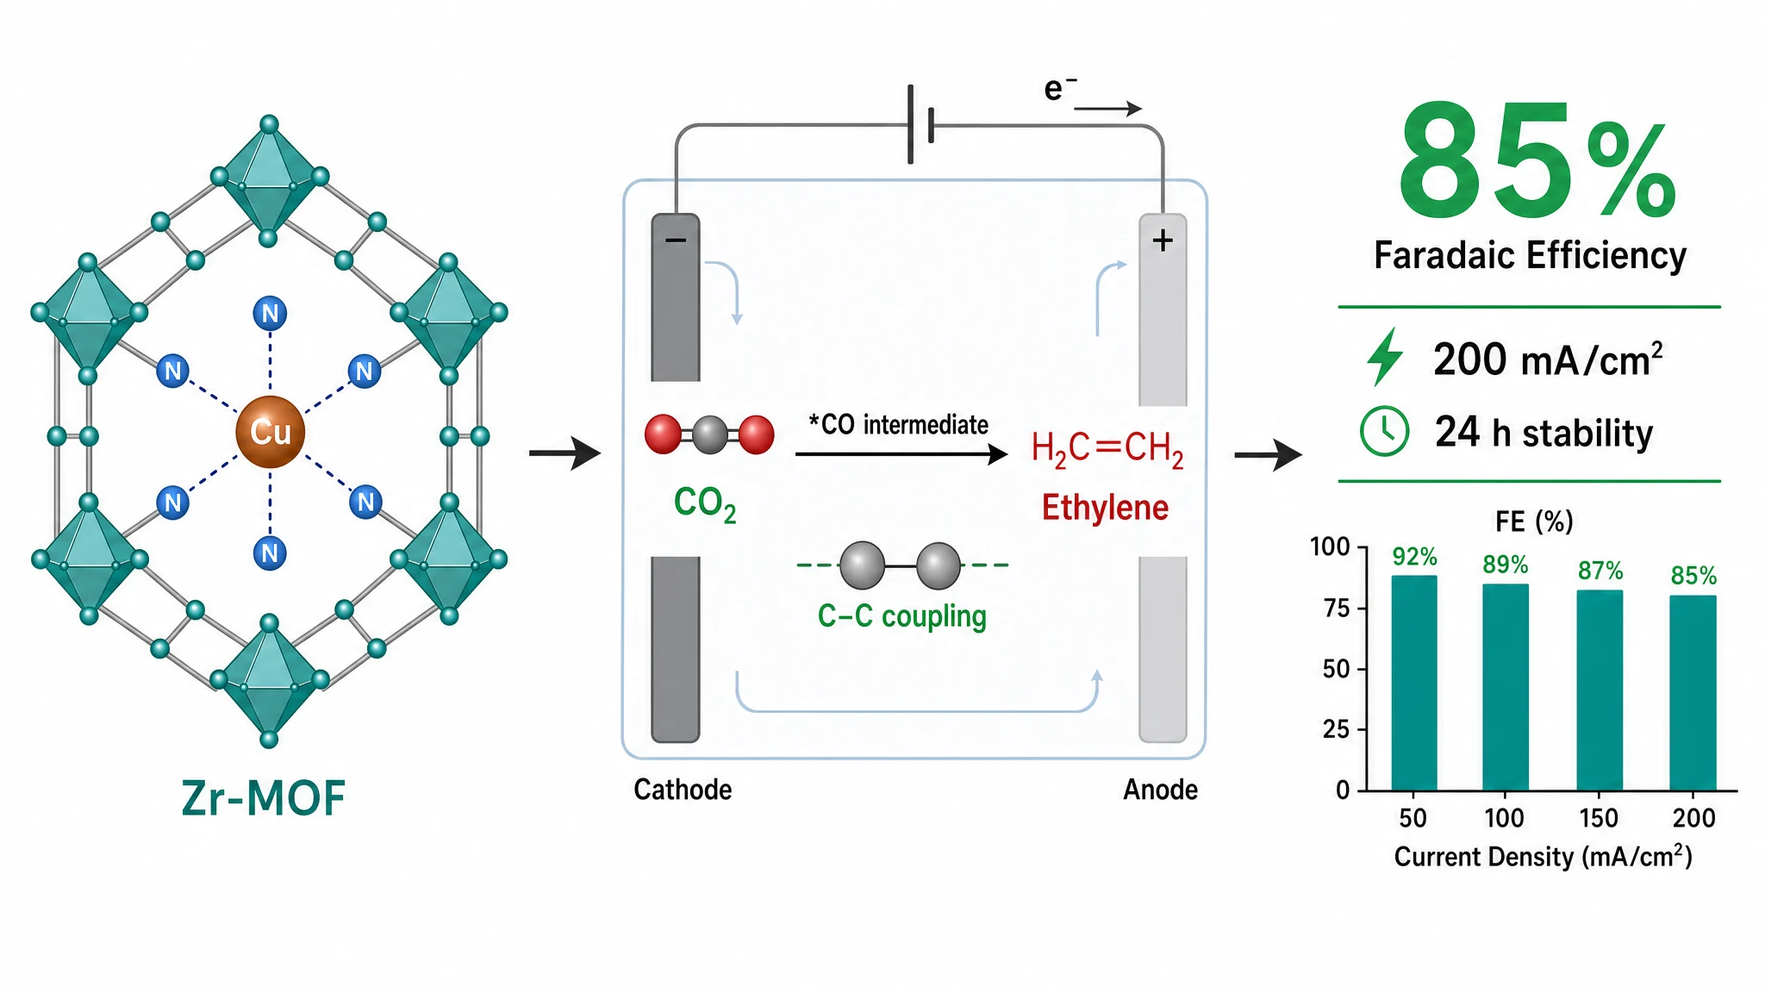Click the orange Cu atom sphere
[270, 432]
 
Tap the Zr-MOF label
[264, 797]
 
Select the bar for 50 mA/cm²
[1414, 683]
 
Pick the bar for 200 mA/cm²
[1693, 693]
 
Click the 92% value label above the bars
[1414, 557]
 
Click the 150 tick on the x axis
[1599, 817]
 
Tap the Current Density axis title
[1544, 856]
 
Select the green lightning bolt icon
[1384, 356]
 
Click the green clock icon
[1384, 431]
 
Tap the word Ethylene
[1105, 508]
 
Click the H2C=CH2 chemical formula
[1107, 448]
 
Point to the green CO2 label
[705, 503]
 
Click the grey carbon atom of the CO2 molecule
[710, 435]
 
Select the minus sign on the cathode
[676, 240]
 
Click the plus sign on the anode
[1163, 240]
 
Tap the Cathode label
[683, 790]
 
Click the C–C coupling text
[901, 617]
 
